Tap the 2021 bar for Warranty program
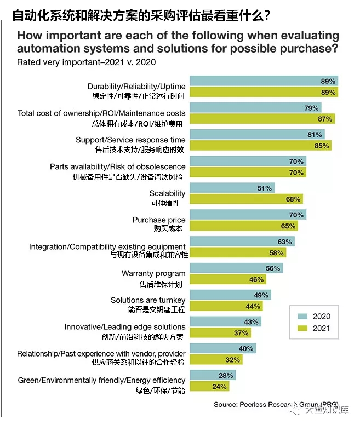coord(228,279)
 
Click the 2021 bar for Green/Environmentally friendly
coord(209,386)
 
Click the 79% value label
coord(311,107)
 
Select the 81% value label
coord(315,134)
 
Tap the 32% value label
coord(233,360)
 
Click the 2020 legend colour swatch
coord(301,316)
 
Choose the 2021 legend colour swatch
coord(301,329)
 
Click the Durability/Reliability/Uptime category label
coord(136,87)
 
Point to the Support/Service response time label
coord(130,140)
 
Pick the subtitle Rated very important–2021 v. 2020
coord(87,62)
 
